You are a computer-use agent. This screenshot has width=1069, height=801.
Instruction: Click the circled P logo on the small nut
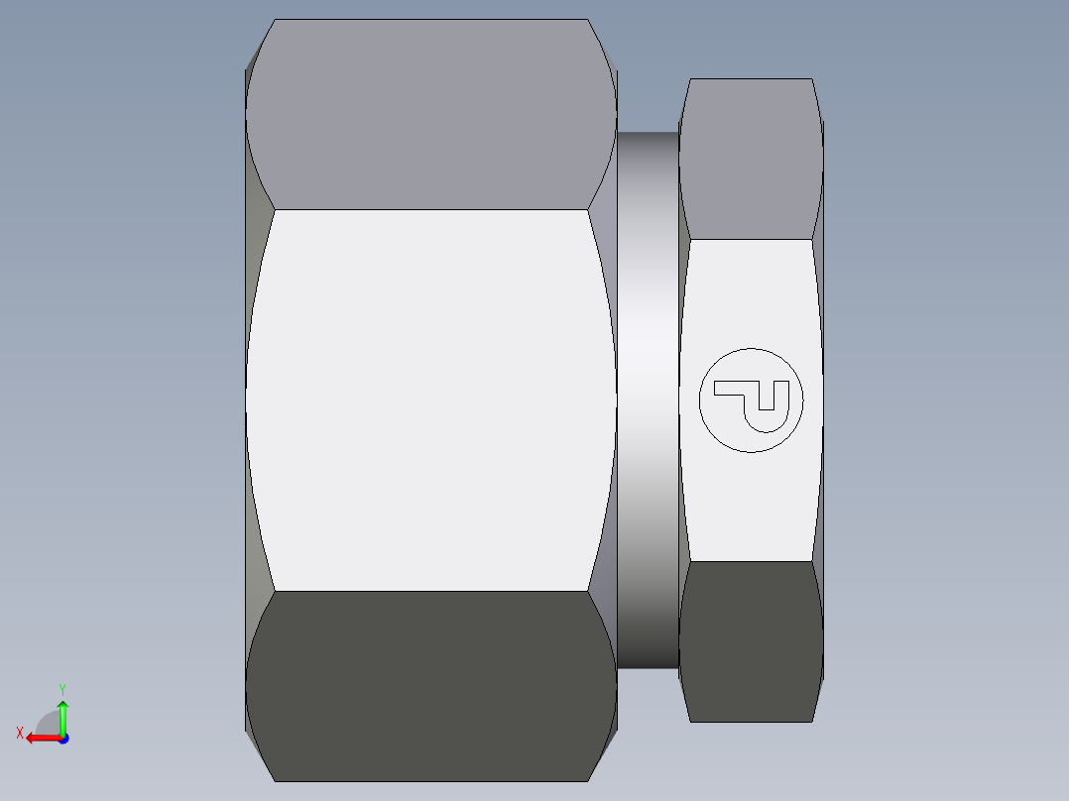[x=751, y=400]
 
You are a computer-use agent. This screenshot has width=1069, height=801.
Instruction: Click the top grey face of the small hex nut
[x=751, y=159]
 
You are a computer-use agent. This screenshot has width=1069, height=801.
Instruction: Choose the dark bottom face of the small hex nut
[x=751, y=640]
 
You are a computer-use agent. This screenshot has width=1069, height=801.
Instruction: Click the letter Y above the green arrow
[x=61, y=688]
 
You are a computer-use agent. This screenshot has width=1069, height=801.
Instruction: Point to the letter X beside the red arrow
[x=19, y=733]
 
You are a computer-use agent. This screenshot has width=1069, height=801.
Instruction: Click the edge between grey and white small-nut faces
[x=751, y=239]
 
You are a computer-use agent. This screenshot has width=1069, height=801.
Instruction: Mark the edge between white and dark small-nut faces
[x=751, y=561]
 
